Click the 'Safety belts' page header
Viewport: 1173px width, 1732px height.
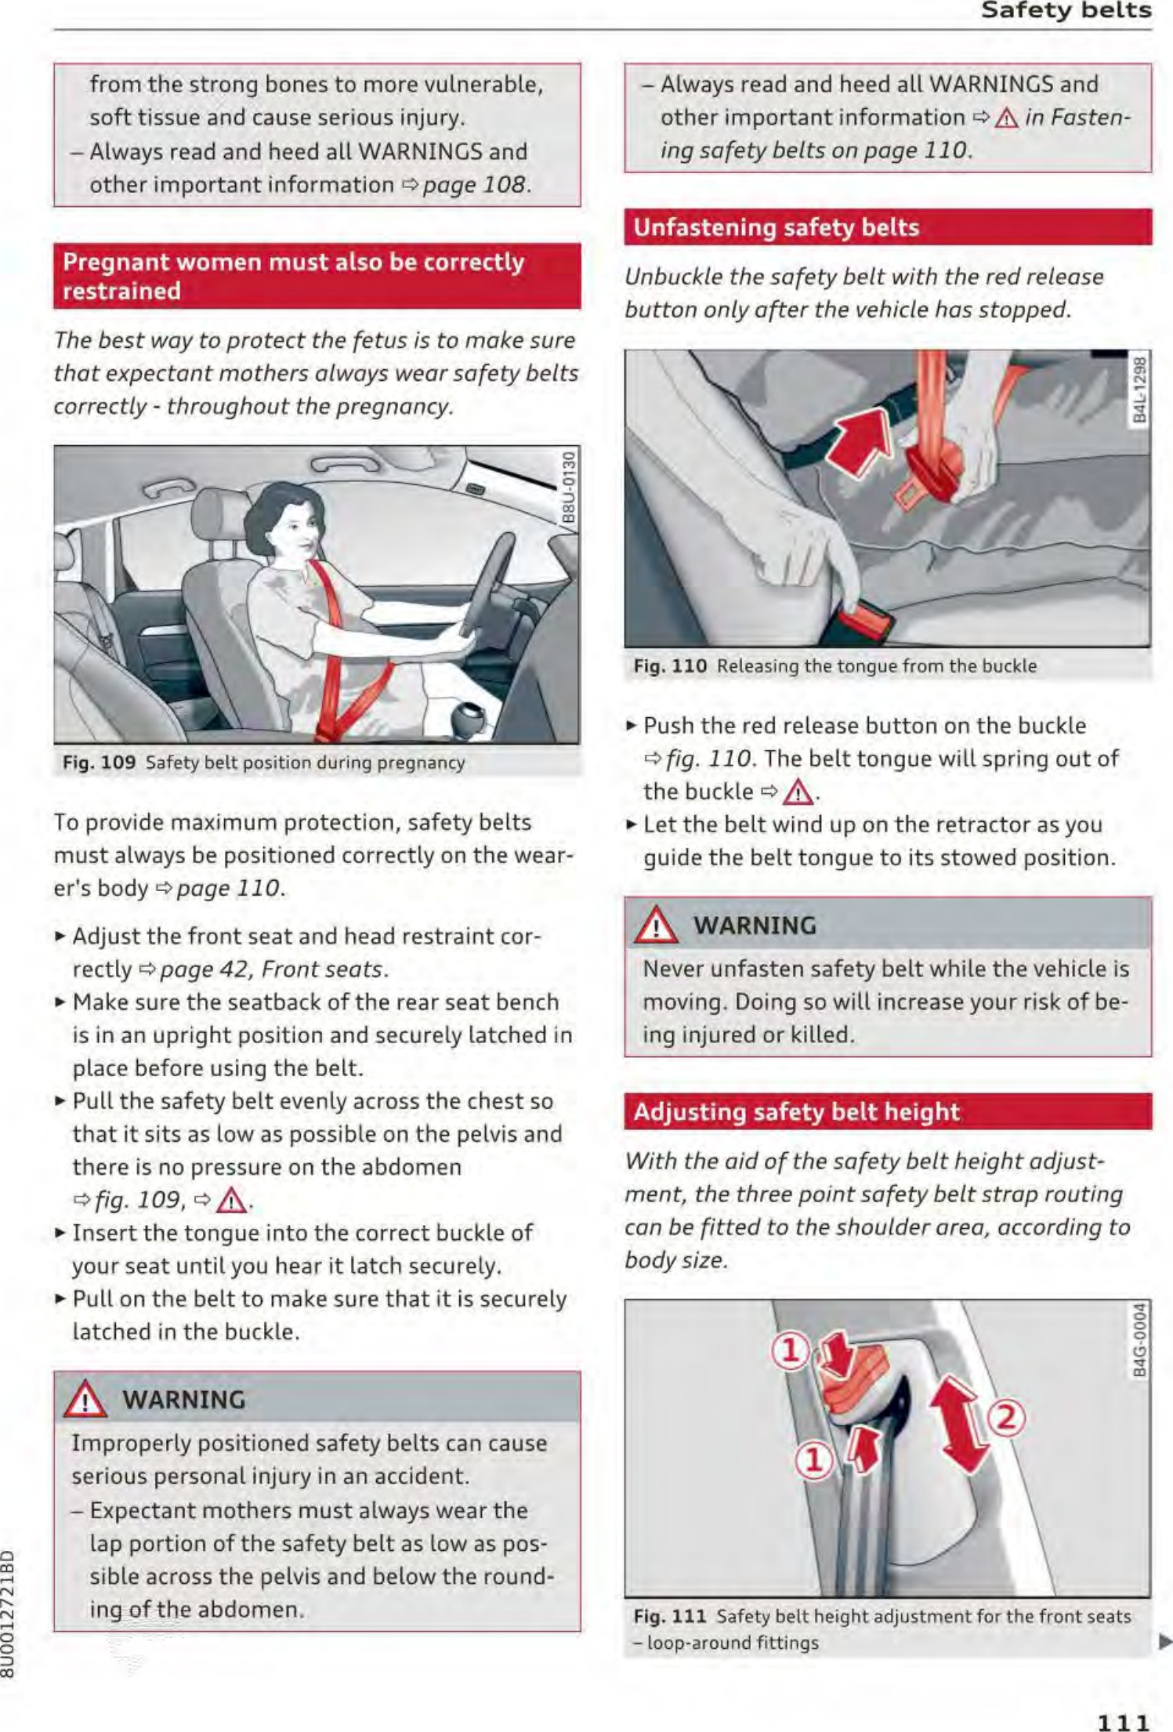point(1065,10)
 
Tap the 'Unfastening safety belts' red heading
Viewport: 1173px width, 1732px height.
point(776,227)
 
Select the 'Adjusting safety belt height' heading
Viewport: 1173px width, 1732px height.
point(796,1111)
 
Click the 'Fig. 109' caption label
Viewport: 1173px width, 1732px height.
point(99,763)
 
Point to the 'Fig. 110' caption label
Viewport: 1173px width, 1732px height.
point(670,666)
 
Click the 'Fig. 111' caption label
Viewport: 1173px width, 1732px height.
point(670,1616)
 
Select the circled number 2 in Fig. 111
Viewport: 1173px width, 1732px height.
point(1007,1418)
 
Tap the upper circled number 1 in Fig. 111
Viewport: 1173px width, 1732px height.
point(790,1350)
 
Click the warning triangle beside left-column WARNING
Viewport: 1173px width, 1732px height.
point(85,1400)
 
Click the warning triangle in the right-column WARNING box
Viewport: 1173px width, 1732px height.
point(655,926)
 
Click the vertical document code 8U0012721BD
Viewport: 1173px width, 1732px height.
point(8,1614)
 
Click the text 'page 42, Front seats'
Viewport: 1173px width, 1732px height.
point(273,969)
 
